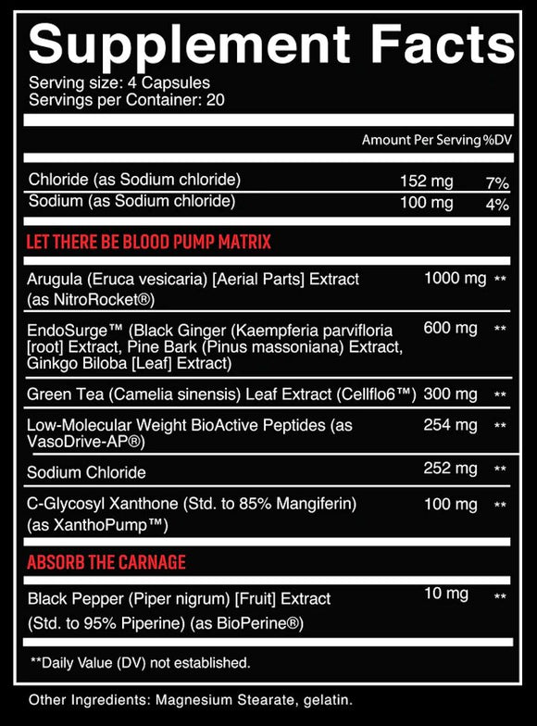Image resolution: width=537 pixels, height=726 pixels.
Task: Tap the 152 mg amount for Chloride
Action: click(x=427, y=179)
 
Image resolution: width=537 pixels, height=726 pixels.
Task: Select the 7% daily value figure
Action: click(x=498, y=181)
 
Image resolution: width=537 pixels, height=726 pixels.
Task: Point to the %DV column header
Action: click(x=495, y=140)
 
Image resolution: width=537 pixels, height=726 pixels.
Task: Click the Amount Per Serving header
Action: click(x=421, y=140)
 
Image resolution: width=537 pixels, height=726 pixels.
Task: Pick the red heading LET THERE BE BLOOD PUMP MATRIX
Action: click(x=149, y=243)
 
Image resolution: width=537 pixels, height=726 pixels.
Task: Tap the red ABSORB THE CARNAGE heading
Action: click(x=106, y=562)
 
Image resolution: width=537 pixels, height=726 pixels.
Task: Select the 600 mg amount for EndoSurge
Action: click(x=451, y=329)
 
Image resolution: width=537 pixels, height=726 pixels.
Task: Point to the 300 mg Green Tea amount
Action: click(x=451, y=394)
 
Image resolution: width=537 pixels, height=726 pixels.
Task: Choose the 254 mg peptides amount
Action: click(x=451, y=425)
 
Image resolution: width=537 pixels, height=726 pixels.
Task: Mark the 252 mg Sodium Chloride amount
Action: click(x=451, y=468)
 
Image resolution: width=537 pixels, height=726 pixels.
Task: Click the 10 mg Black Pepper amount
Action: click(x=446, y=594)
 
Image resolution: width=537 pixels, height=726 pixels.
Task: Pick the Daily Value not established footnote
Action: click(x=140, y=662)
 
